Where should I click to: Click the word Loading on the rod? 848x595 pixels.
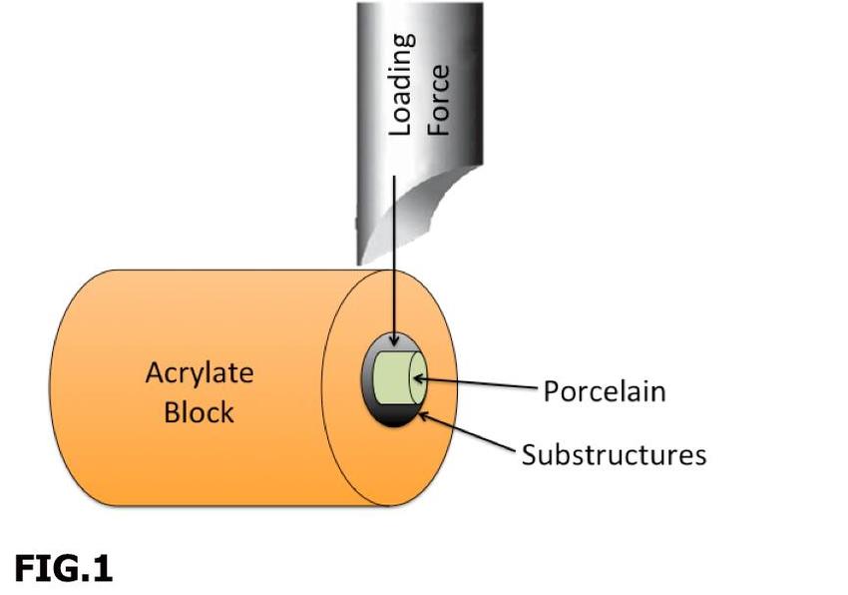point(401,84)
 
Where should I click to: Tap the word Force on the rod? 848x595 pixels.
point(439,99)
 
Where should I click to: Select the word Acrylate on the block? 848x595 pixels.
point(200,373)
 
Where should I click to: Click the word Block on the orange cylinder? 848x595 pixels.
point(200,410)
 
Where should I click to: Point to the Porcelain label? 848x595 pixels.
point(604,390)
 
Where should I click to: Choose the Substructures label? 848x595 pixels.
point(614,454)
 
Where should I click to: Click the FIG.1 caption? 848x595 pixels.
point(63,568)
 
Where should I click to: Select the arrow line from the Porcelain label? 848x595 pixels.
point(479,383)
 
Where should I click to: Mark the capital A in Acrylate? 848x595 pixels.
point(155,373)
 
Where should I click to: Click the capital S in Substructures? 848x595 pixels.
point(529,455)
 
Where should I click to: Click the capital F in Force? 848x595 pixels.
point(439,129)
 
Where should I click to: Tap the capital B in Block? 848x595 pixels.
point(172,410)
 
